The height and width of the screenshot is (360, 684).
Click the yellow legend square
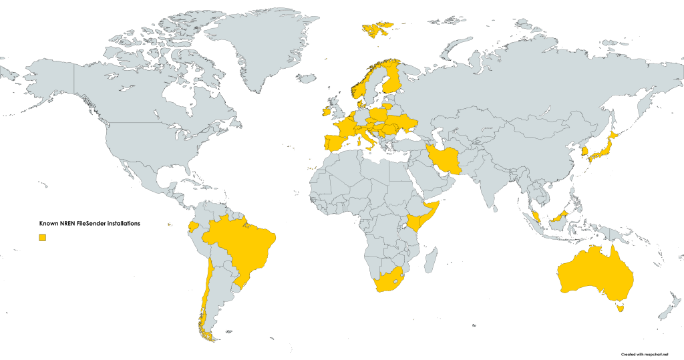[42, 237]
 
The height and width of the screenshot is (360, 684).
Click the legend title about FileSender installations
[90, 224]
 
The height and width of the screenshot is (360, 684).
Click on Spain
[333, 143]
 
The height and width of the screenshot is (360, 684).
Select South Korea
[585, 152]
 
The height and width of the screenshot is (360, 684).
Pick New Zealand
[668, 307]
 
